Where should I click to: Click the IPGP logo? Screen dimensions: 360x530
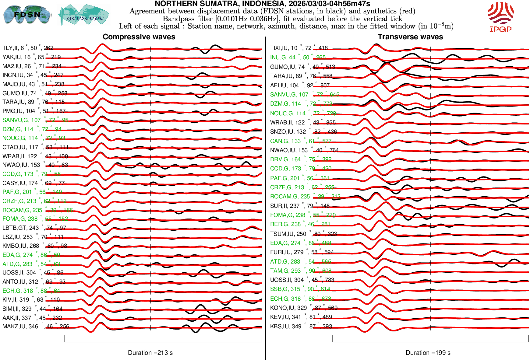pos(500,17)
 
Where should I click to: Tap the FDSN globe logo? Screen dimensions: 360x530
pos(27,14)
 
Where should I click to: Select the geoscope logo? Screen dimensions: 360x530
pos(84,15)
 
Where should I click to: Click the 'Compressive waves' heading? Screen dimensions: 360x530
pos(139,37)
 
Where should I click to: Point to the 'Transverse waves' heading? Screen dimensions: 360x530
pos(410,37)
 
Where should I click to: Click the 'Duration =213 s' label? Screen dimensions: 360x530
pos(150,353)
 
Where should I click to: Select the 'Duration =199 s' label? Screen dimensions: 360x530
pos(428,353)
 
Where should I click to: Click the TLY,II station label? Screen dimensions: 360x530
pos(28,48)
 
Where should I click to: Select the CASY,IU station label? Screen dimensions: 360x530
pos(34,183)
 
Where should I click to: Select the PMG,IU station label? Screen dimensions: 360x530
pos(34,111)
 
